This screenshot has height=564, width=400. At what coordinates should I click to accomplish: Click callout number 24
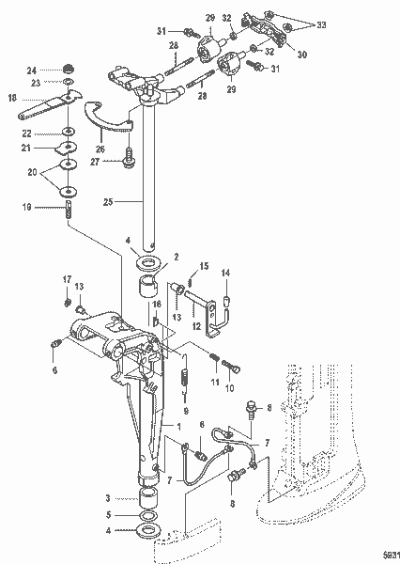[x=32, y=70]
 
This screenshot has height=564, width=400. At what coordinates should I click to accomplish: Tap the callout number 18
[x=12, y=97]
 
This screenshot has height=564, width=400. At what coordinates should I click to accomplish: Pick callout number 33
[x=323, y=21]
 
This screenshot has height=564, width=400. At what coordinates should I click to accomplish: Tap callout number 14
[x=225, y=274]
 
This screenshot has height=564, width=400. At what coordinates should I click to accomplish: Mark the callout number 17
[x=67, y=278]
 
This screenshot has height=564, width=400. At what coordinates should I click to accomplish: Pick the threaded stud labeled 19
[x=69, y=211]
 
